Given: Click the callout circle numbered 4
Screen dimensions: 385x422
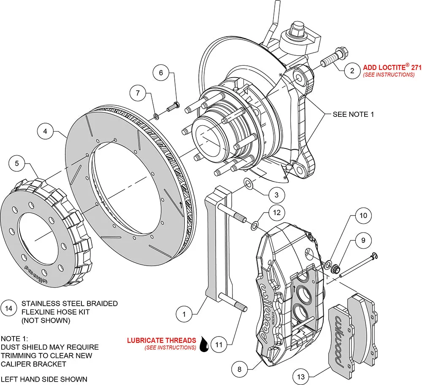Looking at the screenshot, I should [x=45, y=131].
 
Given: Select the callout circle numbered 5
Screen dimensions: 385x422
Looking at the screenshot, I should [x=17, y=163].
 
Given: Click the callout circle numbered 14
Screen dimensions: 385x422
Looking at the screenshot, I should [x=9, y=307].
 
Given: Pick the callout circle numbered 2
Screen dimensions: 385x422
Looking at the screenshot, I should [x=352, y=70].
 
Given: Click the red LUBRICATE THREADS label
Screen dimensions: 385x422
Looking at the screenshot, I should [x=162, y=340].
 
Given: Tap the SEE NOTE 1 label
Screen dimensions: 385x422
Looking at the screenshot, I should [x=353, y=114].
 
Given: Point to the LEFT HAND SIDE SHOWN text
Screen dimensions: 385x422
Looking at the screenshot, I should [x=44, y=379].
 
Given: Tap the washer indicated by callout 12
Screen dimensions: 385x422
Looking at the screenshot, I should [x=254, y=226].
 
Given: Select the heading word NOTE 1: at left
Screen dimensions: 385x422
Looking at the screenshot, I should [x=15, y=339].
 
